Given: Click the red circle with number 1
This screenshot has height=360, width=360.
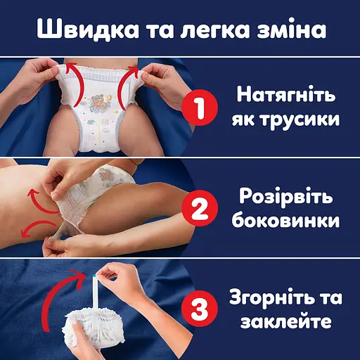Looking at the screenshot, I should (x=198, y=110).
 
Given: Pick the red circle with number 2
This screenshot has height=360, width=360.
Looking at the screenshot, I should (x=198, y=210).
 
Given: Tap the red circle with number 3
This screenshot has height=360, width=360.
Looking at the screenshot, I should (x=198, y=309).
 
